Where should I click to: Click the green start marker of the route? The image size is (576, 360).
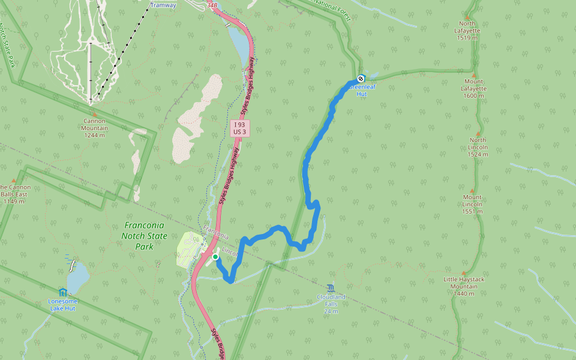(215, 257)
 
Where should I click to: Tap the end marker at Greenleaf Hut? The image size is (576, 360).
(361, 79)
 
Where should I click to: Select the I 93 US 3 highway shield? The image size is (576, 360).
(239, 128)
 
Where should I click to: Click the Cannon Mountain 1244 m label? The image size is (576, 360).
(95, 128)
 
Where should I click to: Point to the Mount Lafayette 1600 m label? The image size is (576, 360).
(473, 88)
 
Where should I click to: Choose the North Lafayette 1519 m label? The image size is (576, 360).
(466, 31)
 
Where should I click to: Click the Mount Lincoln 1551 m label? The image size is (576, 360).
(472, 204)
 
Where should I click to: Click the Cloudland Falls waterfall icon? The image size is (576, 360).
(331, 288)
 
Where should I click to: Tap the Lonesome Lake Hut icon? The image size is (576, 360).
(62, 292)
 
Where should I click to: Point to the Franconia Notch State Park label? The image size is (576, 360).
(145, 236)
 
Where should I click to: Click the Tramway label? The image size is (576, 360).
(163, 5)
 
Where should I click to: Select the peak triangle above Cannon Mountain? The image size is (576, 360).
(94, 114)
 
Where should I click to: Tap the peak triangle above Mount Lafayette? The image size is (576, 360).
(473, 75)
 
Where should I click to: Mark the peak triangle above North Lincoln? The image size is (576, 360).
(478, 134)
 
